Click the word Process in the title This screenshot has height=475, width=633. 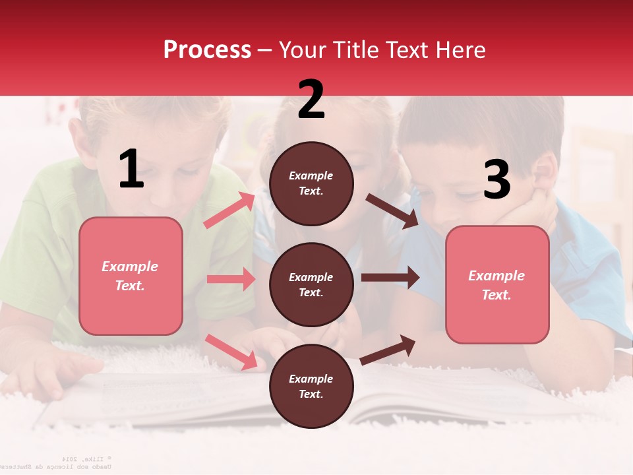coord(207,49)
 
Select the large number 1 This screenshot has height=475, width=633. coord(131,170)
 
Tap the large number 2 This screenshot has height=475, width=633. coord(311,100)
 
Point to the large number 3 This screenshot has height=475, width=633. coord(497,179)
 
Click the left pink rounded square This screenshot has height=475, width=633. coord(131,276)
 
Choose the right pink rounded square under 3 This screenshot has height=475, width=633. coord(497,285)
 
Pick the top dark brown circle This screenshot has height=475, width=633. coord(311,183)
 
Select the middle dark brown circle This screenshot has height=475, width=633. coord(311,285)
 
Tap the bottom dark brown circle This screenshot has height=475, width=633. coord(311,387)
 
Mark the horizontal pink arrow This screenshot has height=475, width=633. coord(231,279)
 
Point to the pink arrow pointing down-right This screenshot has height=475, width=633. coord(231,352)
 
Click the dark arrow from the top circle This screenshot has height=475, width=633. coord(392,211)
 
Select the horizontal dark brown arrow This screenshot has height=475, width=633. coord(390,278)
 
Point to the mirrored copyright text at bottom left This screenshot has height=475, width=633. coord(73,462)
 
